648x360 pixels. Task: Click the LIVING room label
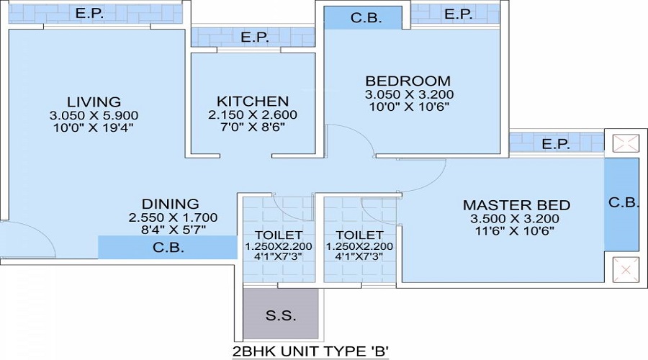pos(94,102)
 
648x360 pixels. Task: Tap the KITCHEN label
pos(253,102)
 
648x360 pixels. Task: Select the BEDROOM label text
pos(408,81)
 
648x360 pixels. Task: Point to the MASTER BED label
pos(516,205)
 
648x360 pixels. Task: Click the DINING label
pos(170,204)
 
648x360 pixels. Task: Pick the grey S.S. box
pos(281,314)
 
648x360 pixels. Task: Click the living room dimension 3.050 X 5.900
pos(94,115)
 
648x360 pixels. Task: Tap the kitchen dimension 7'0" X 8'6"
pos(253,127)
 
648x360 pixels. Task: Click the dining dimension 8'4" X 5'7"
pos(174,230)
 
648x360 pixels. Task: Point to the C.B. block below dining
pos(167,247)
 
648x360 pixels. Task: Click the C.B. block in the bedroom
pos(362,18)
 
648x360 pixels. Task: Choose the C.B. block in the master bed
pos(621,204)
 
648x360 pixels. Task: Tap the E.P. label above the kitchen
pos(255,37)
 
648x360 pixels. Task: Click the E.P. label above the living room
pos(90,13)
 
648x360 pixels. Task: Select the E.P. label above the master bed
pos(556,144)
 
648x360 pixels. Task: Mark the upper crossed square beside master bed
pos(626,144)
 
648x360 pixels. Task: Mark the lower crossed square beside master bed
pos(626,270)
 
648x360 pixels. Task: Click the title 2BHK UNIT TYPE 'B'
pos(311,351)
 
